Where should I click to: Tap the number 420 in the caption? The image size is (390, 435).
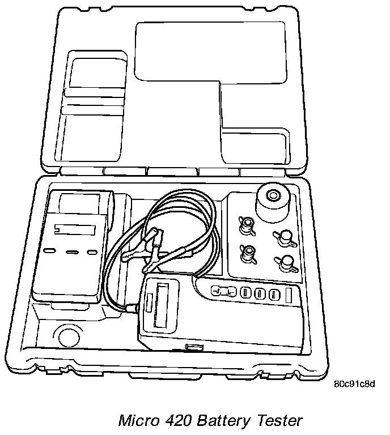click(x=180, y=421)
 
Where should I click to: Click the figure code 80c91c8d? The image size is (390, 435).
click(x=355, y=384)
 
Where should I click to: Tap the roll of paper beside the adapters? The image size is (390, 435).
click(x=273, y=202)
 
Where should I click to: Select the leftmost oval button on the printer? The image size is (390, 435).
click(x=50, y=250)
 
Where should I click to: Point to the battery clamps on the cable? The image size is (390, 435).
click(x=150, y=249)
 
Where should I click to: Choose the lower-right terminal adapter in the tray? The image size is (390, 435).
click(x=285, y=263)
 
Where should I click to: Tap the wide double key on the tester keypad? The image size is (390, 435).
click(x=224, y=292)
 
